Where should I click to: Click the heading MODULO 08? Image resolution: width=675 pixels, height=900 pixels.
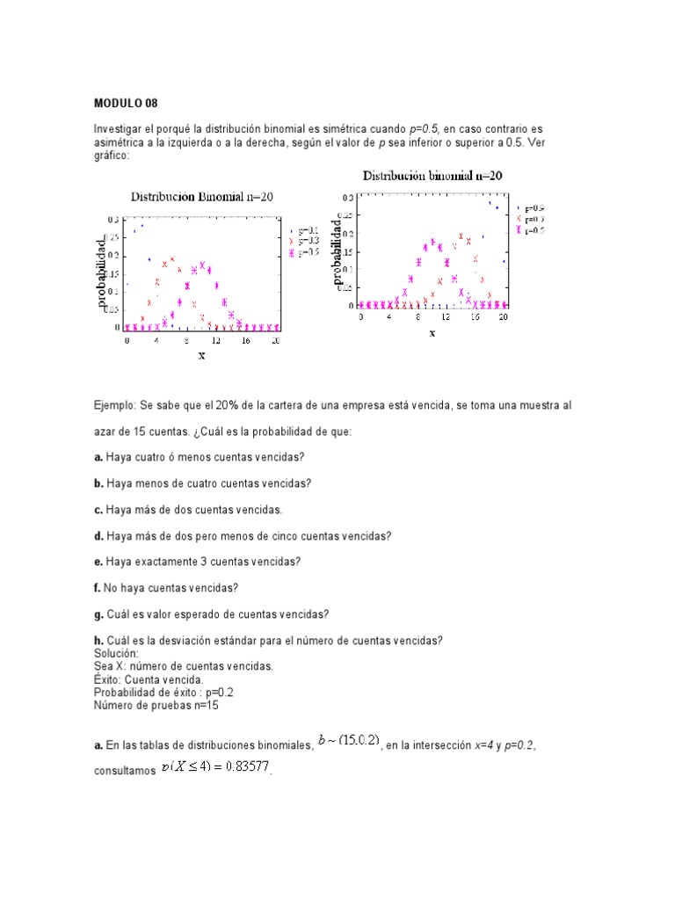click(x=125, y=102)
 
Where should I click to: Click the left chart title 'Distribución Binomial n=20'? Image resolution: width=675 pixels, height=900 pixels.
click(x=202, y=197)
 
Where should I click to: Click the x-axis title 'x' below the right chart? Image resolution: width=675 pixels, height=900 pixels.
click(x=432, y=332)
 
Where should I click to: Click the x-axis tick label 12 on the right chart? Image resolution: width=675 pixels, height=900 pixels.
click(x=446, y=317)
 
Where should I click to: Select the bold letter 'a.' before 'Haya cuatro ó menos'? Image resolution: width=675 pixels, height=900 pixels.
click(x=98, y=457)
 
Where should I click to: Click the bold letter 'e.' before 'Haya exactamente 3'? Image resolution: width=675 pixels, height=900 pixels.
click(x=98, y=562)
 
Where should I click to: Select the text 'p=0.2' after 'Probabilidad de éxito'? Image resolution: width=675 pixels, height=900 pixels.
click(x=215, y=692)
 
